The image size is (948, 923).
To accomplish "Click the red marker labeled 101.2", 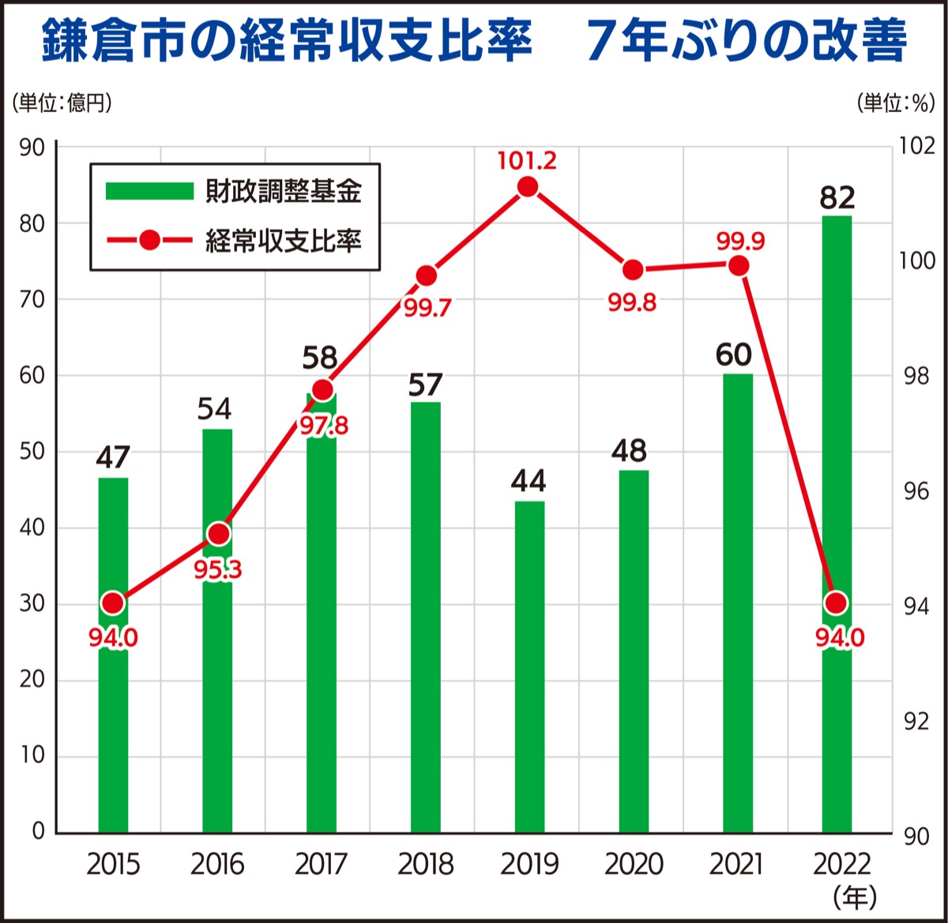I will tap(528, 187).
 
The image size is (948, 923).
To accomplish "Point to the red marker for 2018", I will tap(426, 276).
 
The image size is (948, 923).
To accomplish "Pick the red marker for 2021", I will tap(738, 266).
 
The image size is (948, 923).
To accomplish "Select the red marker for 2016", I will tap(218, 535).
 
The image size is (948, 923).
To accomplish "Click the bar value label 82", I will tap(837, 197).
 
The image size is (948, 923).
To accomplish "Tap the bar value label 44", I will tap(529, 481).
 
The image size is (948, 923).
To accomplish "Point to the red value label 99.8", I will tap(632, 302).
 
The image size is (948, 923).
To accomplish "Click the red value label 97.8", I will tap(322, 425).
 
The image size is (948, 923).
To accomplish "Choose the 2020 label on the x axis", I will tap(633, 865).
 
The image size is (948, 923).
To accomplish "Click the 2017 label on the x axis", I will tap(322, 865).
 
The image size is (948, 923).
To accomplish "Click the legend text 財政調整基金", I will tap(283, 191).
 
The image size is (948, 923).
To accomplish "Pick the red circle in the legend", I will tap(149, 240).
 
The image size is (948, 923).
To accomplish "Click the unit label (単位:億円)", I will tap(62, 103).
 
